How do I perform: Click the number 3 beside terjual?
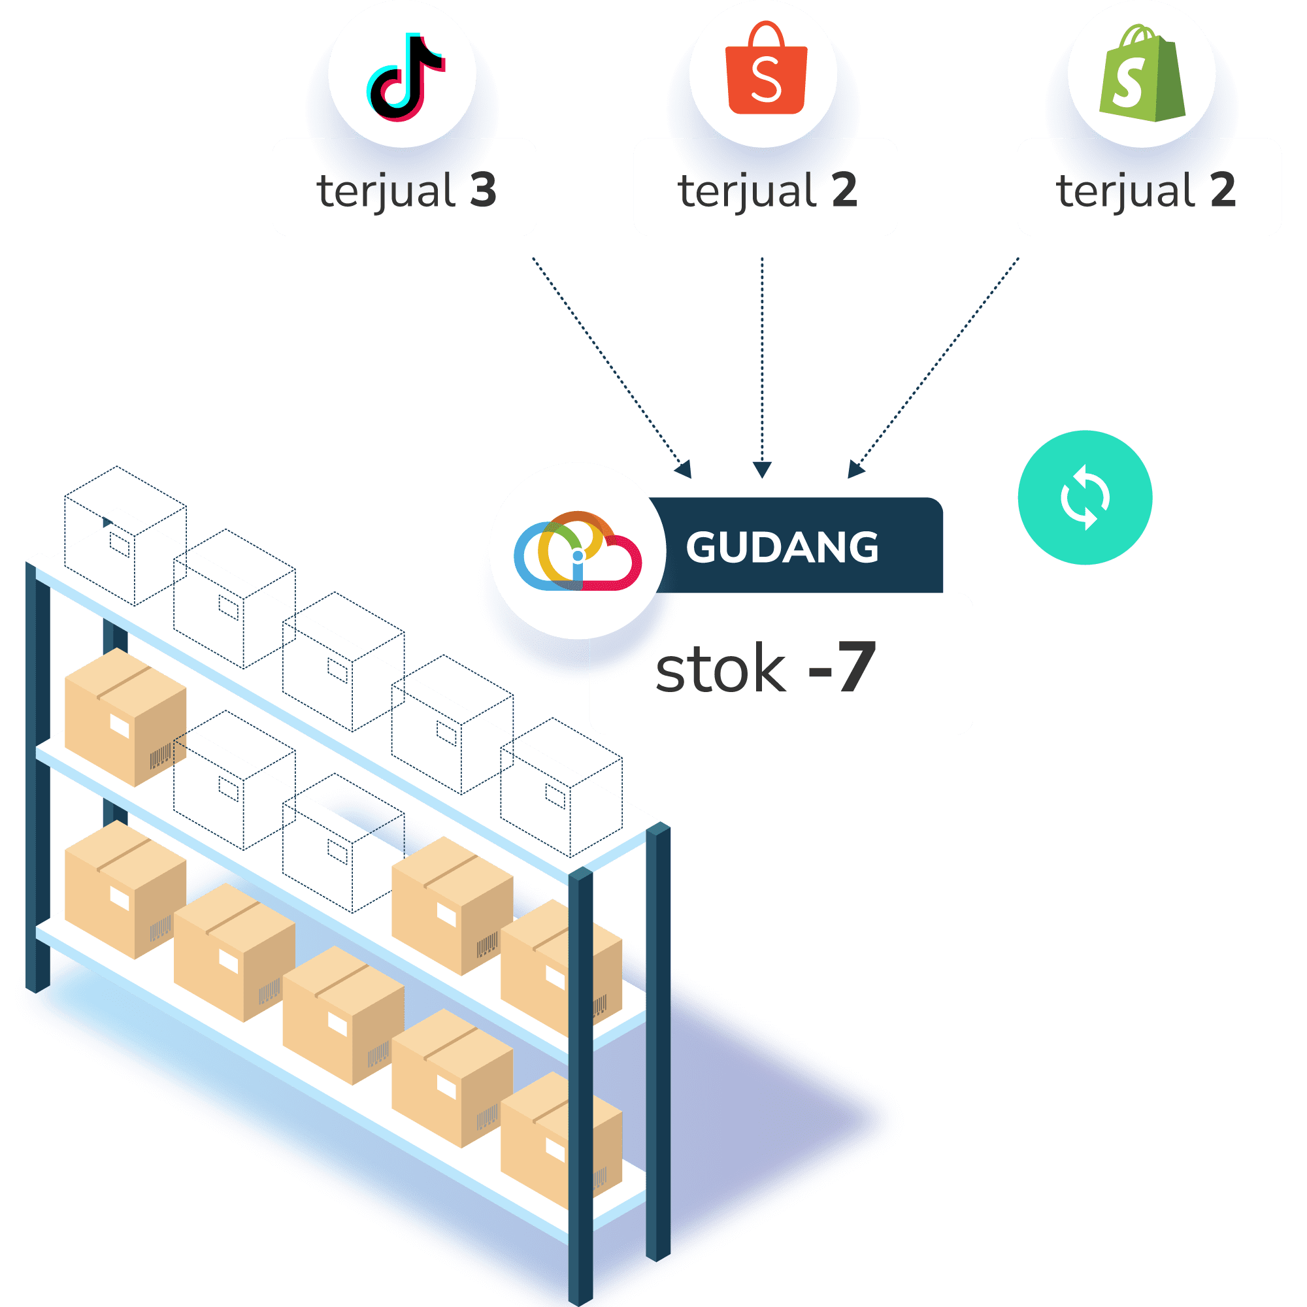tap(483, 190)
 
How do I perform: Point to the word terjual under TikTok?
tap(386, 191)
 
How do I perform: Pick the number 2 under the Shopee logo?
tap(844, 190)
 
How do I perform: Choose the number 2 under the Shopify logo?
tap(1223, 190)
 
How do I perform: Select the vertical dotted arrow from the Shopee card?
tap(762, 365)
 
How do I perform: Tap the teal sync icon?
tap(1084, 497)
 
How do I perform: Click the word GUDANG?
tap(782, 546)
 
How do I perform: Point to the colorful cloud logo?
tap(577, 552)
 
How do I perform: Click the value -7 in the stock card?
tap(842, 668)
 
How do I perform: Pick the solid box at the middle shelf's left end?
tap(125, 716)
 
